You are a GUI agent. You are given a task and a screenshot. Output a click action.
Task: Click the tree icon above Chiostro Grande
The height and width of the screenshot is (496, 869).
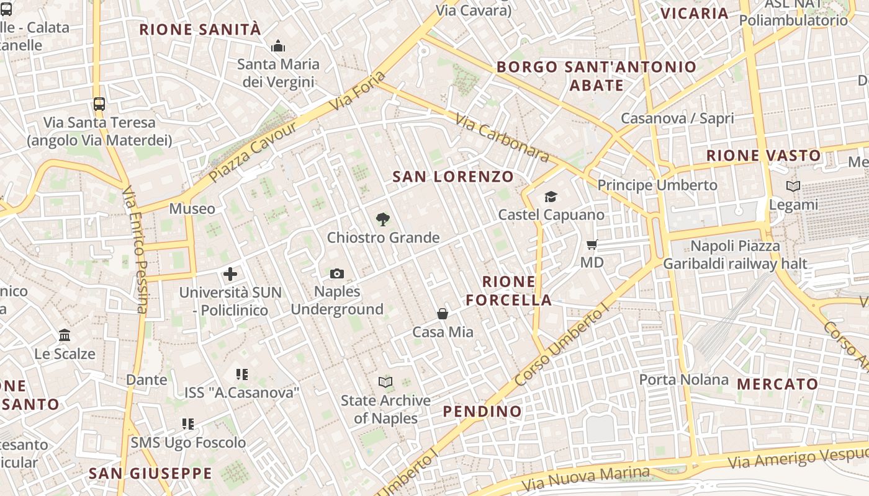pyautogui.click(x=383, y=218)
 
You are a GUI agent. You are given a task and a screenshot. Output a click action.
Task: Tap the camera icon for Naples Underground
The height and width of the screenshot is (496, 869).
pyautogui.click(x=337, y=273)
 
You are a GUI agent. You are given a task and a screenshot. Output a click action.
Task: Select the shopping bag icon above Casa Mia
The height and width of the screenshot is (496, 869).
pyautogui.click(x=443, y=314)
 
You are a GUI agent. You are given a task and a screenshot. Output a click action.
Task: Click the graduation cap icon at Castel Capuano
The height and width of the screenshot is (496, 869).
pyautogui.click(x=551, y=197)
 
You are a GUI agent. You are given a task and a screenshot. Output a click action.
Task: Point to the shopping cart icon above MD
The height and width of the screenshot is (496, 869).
pyautogui.click(x=592, y=244)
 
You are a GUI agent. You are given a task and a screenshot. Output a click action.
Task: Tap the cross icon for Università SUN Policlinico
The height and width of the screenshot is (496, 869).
pyautogui.click(x=230, y=274)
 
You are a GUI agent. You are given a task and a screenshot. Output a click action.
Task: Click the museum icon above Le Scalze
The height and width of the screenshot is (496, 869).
pyautogui.click(x=65, y=335)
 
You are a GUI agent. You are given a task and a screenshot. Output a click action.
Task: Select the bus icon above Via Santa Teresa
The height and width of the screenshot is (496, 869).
pyautogui.click(x=99, y=104)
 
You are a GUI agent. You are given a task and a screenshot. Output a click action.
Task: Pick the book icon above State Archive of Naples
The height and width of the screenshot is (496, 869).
pyautogui.click(x=385, y=382)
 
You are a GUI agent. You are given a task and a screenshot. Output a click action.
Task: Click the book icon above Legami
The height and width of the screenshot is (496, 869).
pyautogui.click(x=793, y=186)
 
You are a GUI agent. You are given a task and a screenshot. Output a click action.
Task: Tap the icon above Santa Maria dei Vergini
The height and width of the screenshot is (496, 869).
pyautogui.click(x=278, y=46)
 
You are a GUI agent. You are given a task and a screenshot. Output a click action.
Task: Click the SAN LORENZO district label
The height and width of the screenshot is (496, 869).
pyautogui.click(x=453, y=177)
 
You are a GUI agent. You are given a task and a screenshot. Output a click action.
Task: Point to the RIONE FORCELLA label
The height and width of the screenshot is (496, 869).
pyautogui.click(x=508, y=291)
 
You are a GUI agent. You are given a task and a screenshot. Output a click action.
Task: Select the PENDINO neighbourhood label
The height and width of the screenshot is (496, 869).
pyautogui.click(x=482, y=411)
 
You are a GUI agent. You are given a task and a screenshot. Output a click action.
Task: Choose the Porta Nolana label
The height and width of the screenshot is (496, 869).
pyautogui.click(x=683, y=379)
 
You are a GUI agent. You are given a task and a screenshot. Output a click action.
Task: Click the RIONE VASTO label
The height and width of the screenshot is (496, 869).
pyautogui.click(x=763, y=155)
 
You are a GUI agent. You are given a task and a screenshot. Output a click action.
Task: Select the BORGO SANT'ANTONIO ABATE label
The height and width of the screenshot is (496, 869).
pyautogui.click(x=597, y=76)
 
